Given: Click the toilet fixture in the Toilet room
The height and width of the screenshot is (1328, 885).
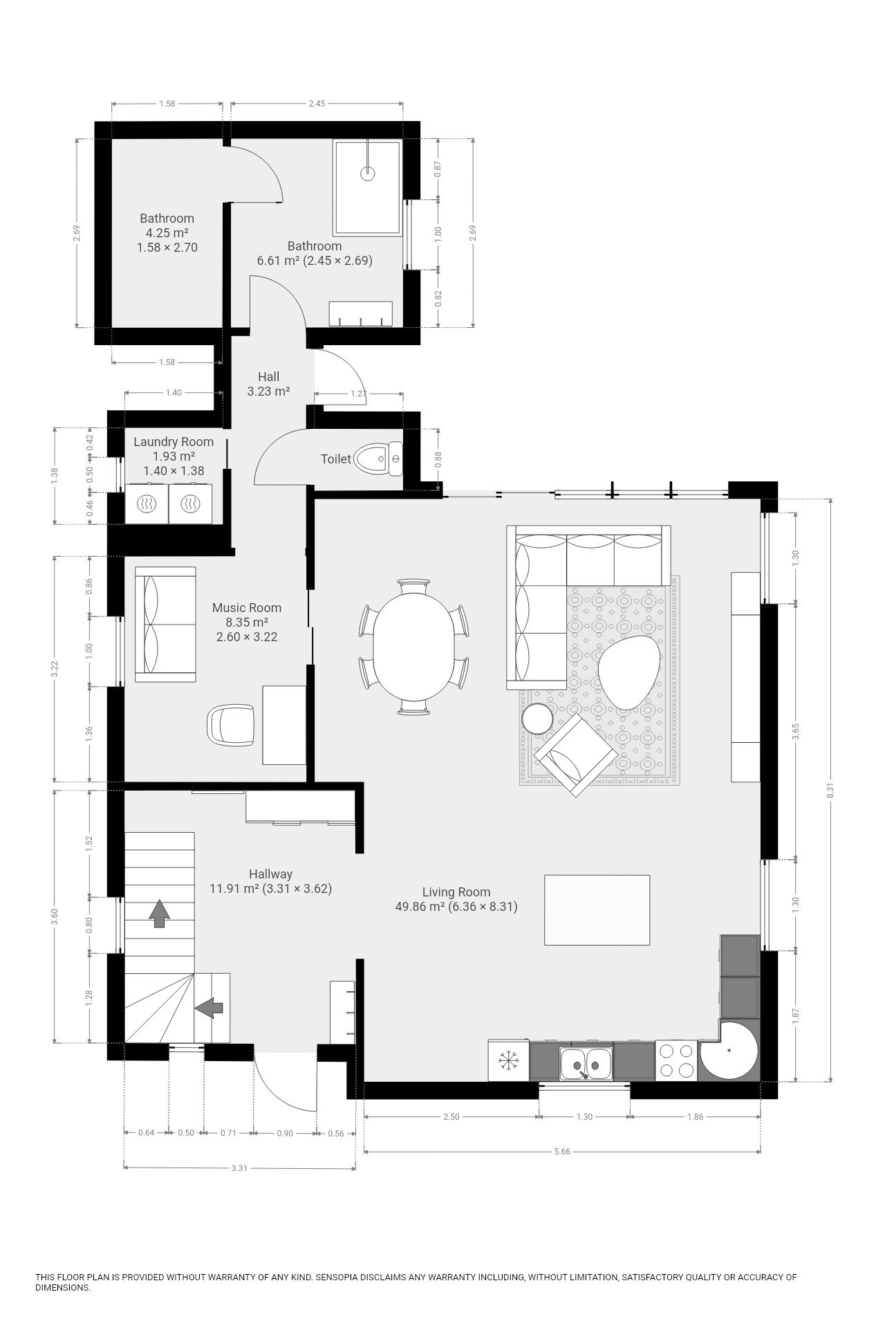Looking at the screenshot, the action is coord(378,459).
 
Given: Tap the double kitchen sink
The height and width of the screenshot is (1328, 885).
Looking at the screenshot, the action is coord(586,1062).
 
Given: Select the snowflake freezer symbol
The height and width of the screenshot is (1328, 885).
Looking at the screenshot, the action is coord(508,1061).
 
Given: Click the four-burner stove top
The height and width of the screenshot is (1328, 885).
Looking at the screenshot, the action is coord(676,1060).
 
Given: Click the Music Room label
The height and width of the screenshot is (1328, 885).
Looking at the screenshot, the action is coord(247,608).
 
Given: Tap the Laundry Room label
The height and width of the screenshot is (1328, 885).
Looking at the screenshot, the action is coord(174,442).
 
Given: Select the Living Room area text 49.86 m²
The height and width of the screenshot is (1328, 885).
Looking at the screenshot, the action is coord(419,907).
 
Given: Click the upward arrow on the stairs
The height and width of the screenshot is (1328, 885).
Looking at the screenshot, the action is coord(160,913).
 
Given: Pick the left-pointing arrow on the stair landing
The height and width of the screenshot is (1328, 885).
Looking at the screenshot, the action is coord(209,1008).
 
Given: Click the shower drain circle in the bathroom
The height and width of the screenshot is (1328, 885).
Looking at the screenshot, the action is coord(367,174).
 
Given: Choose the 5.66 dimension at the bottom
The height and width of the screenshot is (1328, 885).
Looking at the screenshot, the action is coord(562,1152).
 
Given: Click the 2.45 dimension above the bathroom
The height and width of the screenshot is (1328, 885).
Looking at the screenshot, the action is coord(317,104).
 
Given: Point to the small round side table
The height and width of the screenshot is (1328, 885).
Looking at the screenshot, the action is coord(537,718).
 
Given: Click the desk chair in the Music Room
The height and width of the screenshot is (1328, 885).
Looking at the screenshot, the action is coord(230,724).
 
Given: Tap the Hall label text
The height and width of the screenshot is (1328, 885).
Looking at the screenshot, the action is coord(268,377).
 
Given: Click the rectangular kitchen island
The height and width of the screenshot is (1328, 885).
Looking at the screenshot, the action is coord(597,910).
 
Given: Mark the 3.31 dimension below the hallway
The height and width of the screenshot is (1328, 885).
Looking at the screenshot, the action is coord(239,1168).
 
